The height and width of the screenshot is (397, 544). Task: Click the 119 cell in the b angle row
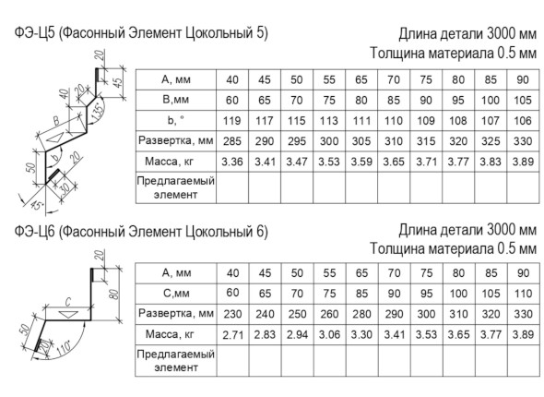point(232,121)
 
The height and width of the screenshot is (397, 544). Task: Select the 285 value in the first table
point(232,141)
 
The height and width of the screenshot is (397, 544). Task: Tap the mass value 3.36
point(232,162)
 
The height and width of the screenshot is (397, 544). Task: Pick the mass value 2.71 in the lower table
point(232,335)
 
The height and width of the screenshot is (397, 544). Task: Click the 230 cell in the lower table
point(232,314)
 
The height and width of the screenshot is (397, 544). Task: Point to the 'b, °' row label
point(175,120)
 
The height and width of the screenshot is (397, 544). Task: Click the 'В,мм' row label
point(175,100)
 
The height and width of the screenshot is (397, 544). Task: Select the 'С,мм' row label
point(176,294)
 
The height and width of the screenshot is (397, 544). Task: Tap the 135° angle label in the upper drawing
point(98,112)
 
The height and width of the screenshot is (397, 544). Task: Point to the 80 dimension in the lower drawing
point(115,294)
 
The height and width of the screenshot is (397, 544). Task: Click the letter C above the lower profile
point(68,302)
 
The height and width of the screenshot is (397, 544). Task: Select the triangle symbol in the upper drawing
point(55,138)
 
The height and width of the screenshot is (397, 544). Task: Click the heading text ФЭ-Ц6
point(35,231)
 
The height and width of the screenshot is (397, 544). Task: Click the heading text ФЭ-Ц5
point(35,33)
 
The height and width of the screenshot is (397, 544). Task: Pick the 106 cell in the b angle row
point(523,121)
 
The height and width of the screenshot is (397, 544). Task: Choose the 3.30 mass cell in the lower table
point(361,334)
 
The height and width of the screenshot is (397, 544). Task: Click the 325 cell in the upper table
point(491,141)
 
